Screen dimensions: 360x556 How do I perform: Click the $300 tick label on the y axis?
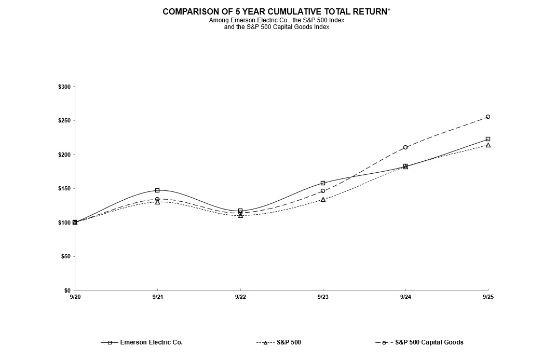64,87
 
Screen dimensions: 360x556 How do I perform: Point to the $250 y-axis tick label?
64,121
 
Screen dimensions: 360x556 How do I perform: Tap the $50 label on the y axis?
66,257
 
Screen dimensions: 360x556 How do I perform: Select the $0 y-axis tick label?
67,290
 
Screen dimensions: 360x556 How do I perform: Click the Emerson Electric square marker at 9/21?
157,190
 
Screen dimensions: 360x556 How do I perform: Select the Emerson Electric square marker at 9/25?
488,139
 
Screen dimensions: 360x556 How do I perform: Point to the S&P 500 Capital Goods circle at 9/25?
488,117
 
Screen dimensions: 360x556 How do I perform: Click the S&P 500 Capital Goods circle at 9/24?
405,147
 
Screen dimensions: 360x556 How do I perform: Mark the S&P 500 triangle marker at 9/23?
323,199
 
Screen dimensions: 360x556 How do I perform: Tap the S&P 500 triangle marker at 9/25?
488,145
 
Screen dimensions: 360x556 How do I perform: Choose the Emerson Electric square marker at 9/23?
323,183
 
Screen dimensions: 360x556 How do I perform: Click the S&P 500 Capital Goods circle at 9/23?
323,191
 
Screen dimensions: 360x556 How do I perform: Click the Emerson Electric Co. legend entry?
151,342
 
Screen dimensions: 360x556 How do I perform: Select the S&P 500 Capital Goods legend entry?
429,342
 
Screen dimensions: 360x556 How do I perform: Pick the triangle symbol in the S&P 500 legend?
265,342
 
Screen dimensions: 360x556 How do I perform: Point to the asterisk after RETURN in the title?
389,10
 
